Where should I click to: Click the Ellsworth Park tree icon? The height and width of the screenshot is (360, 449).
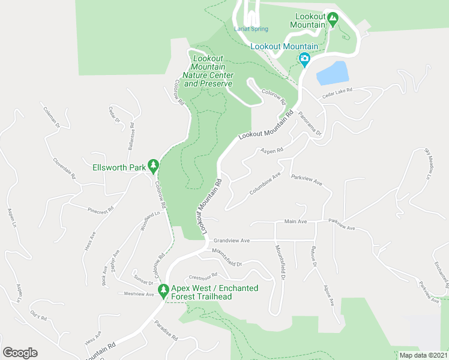click(x=154, y=165)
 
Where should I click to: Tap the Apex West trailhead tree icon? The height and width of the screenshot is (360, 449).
click(x=163, y=290)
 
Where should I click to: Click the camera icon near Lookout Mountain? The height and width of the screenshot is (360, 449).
click(x=304, y=59)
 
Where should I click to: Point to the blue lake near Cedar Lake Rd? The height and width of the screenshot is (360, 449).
click(x=332, y=73)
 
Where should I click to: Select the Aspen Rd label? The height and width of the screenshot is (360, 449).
click(x=271, y=151)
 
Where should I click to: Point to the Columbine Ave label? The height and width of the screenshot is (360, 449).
click(x=265, y=184)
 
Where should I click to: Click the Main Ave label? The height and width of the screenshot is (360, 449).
click(x=295, y=221)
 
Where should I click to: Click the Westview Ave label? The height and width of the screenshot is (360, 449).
click(x=139, y=294)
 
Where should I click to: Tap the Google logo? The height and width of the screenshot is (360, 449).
click(x=20, y=353)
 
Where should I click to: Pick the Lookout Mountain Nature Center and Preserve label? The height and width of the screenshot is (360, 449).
click(x=208, y=71)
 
